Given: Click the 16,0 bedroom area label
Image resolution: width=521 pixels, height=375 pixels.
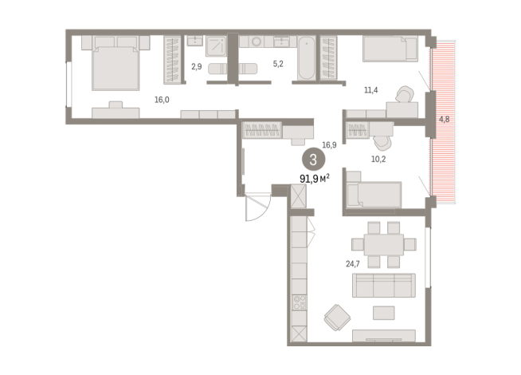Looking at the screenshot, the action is pyautogui.click(x=162, y=100).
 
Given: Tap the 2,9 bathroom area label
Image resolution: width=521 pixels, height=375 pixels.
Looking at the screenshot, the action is pyautogui.click(x=197, y=66).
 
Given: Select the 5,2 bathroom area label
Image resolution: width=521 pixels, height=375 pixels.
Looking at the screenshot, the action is pyautogui.click(x=278, y=64).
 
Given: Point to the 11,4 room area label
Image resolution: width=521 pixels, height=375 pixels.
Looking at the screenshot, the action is pyautogui.click(x=370, y=90).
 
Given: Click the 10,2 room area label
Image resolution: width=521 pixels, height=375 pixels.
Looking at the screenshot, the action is pyautogui.click(x=378, y=159).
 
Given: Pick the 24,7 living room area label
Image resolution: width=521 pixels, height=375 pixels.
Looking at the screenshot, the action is pyautogui.click(x=353, y=264).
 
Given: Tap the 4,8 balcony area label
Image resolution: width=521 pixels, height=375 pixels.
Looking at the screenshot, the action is pyautogui.click(x=445, y=119).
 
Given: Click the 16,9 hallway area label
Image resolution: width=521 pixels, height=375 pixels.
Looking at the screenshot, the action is pyautogui.click(x=329, y=144).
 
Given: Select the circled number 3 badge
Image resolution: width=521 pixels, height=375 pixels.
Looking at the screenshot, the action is pyautogui.click(x=313, y=160).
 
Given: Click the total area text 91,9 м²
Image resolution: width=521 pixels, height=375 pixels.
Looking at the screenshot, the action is pyautogui.click(x=315, y=179).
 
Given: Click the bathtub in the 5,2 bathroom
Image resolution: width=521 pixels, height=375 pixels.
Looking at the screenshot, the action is pyautogui.click(x=306, y=58).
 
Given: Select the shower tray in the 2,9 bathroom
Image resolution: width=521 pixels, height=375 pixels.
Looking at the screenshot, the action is pyautogui.click(x=216, y=46).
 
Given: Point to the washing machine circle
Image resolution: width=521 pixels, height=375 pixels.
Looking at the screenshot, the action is pyautogui.click(x=257, y=41).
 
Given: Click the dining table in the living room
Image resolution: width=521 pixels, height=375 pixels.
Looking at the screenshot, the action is pyautogui.click(x=384, y=245).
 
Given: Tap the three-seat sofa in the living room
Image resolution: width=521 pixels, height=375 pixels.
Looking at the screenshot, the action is pyautogui.click(x=384, y=286).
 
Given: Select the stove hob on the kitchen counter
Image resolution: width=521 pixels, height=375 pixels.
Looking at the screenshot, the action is pyautogui.click(x=299, y=302).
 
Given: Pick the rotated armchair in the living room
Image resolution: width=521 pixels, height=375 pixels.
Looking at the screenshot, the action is pyautogui.click(x=337, y=318).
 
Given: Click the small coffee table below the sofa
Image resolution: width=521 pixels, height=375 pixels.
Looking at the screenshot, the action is pyautogui.click(x=384, y=313).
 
